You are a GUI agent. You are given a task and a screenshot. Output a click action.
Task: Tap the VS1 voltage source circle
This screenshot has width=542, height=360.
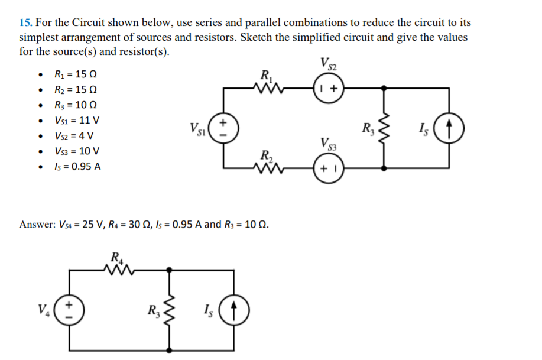pyautogui.click(x=223, y=128)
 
